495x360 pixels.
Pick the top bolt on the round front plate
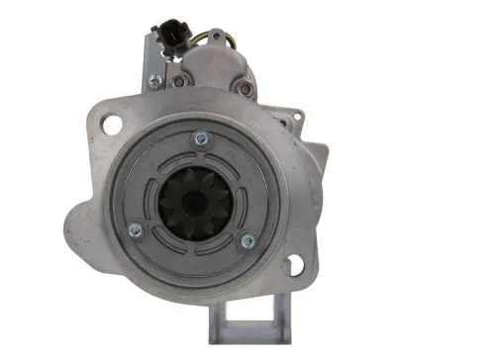[x=201, y=138]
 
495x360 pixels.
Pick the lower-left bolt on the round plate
[x=136, y=231]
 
